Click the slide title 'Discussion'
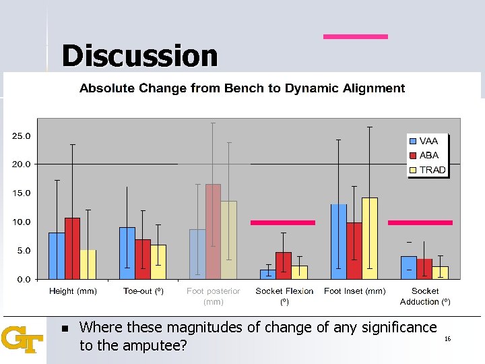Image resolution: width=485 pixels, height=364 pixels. pos(139,56)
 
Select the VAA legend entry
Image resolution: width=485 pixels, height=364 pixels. pos(428,141)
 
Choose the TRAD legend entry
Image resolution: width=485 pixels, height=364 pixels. pos(431,170)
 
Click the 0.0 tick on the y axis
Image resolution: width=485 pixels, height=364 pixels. pos(24,279)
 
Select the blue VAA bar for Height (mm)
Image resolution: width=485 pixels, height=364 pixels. pos(57,255)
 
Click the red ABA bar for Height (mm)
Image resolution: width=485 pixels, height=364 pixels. pos(72,248)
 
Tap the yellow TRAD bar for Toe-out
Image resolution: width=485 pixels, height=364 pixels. pos(158,262)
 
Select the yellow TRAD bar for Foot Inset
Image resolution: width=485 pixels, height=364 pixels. pos(370,238)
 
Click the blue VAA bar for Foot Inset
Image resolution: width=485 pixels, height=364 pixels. pos(339,241)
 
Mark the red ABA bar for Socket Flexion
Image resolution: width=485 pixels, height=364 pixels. pos(284,265)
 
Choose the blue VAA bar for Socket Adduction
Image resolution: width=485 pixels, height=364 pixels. pos(408,267)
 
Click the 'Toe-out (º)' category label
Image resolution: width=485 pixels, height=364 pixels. pos(143,291)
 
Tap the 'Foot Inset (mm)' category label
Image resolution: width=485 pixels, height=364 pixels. pos(354,291)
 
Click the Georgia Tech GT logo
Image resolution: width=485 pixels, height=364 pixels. pos(22,340)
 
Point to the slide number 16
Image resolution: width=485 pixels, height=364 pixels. pos(447,339)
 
